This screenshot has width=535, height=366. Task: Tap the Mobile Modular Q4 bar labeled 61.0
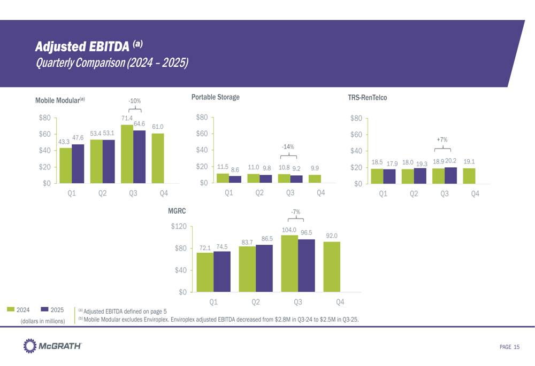(158, 158)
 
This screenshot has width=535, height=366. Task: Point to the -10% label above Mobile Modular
(134, 100)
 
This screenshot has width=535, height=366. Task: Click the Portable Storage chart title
(215, 97)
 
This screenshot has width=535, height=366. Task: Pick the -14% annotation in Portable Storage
(288, 146)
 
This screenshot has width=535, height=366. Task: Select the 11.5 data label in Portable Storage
(223, 167)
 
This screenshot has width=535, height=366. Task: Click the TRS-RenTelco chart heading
(367, 98)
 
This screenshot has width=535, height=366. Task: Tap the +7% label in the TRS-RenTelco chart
(442, 139)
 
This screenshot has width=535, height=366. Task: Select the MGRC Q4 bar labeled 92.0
(332, 267)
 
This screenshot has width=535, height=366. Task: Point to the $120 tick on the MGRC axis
(178, 227)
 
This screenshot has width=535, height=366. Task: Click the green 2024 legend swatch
(11, 309)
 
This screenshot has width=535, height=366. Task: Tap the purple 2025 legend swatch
(44, 309)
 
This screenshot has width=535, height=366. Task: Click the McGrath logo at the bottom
(52, 347)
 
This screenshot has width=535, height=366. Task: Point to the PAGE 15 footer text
(509, 347)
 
